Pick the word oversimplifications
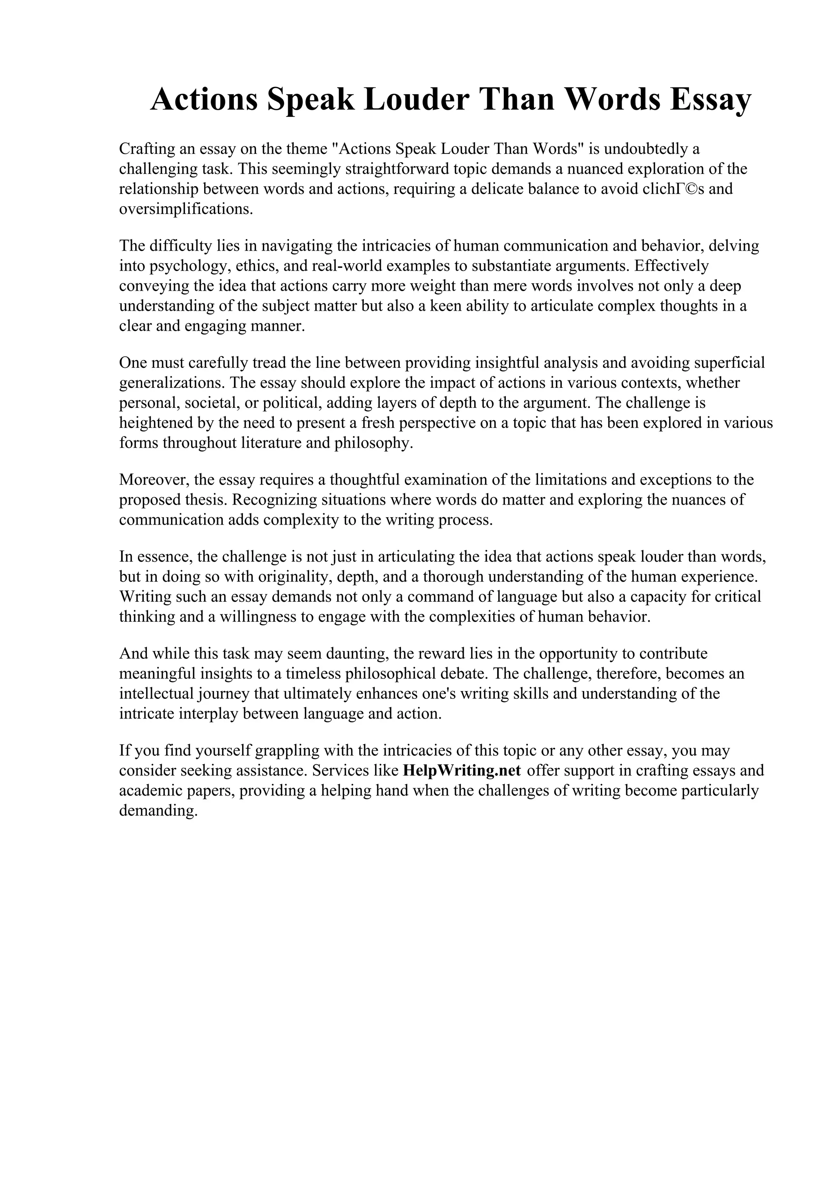(186, 209)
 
